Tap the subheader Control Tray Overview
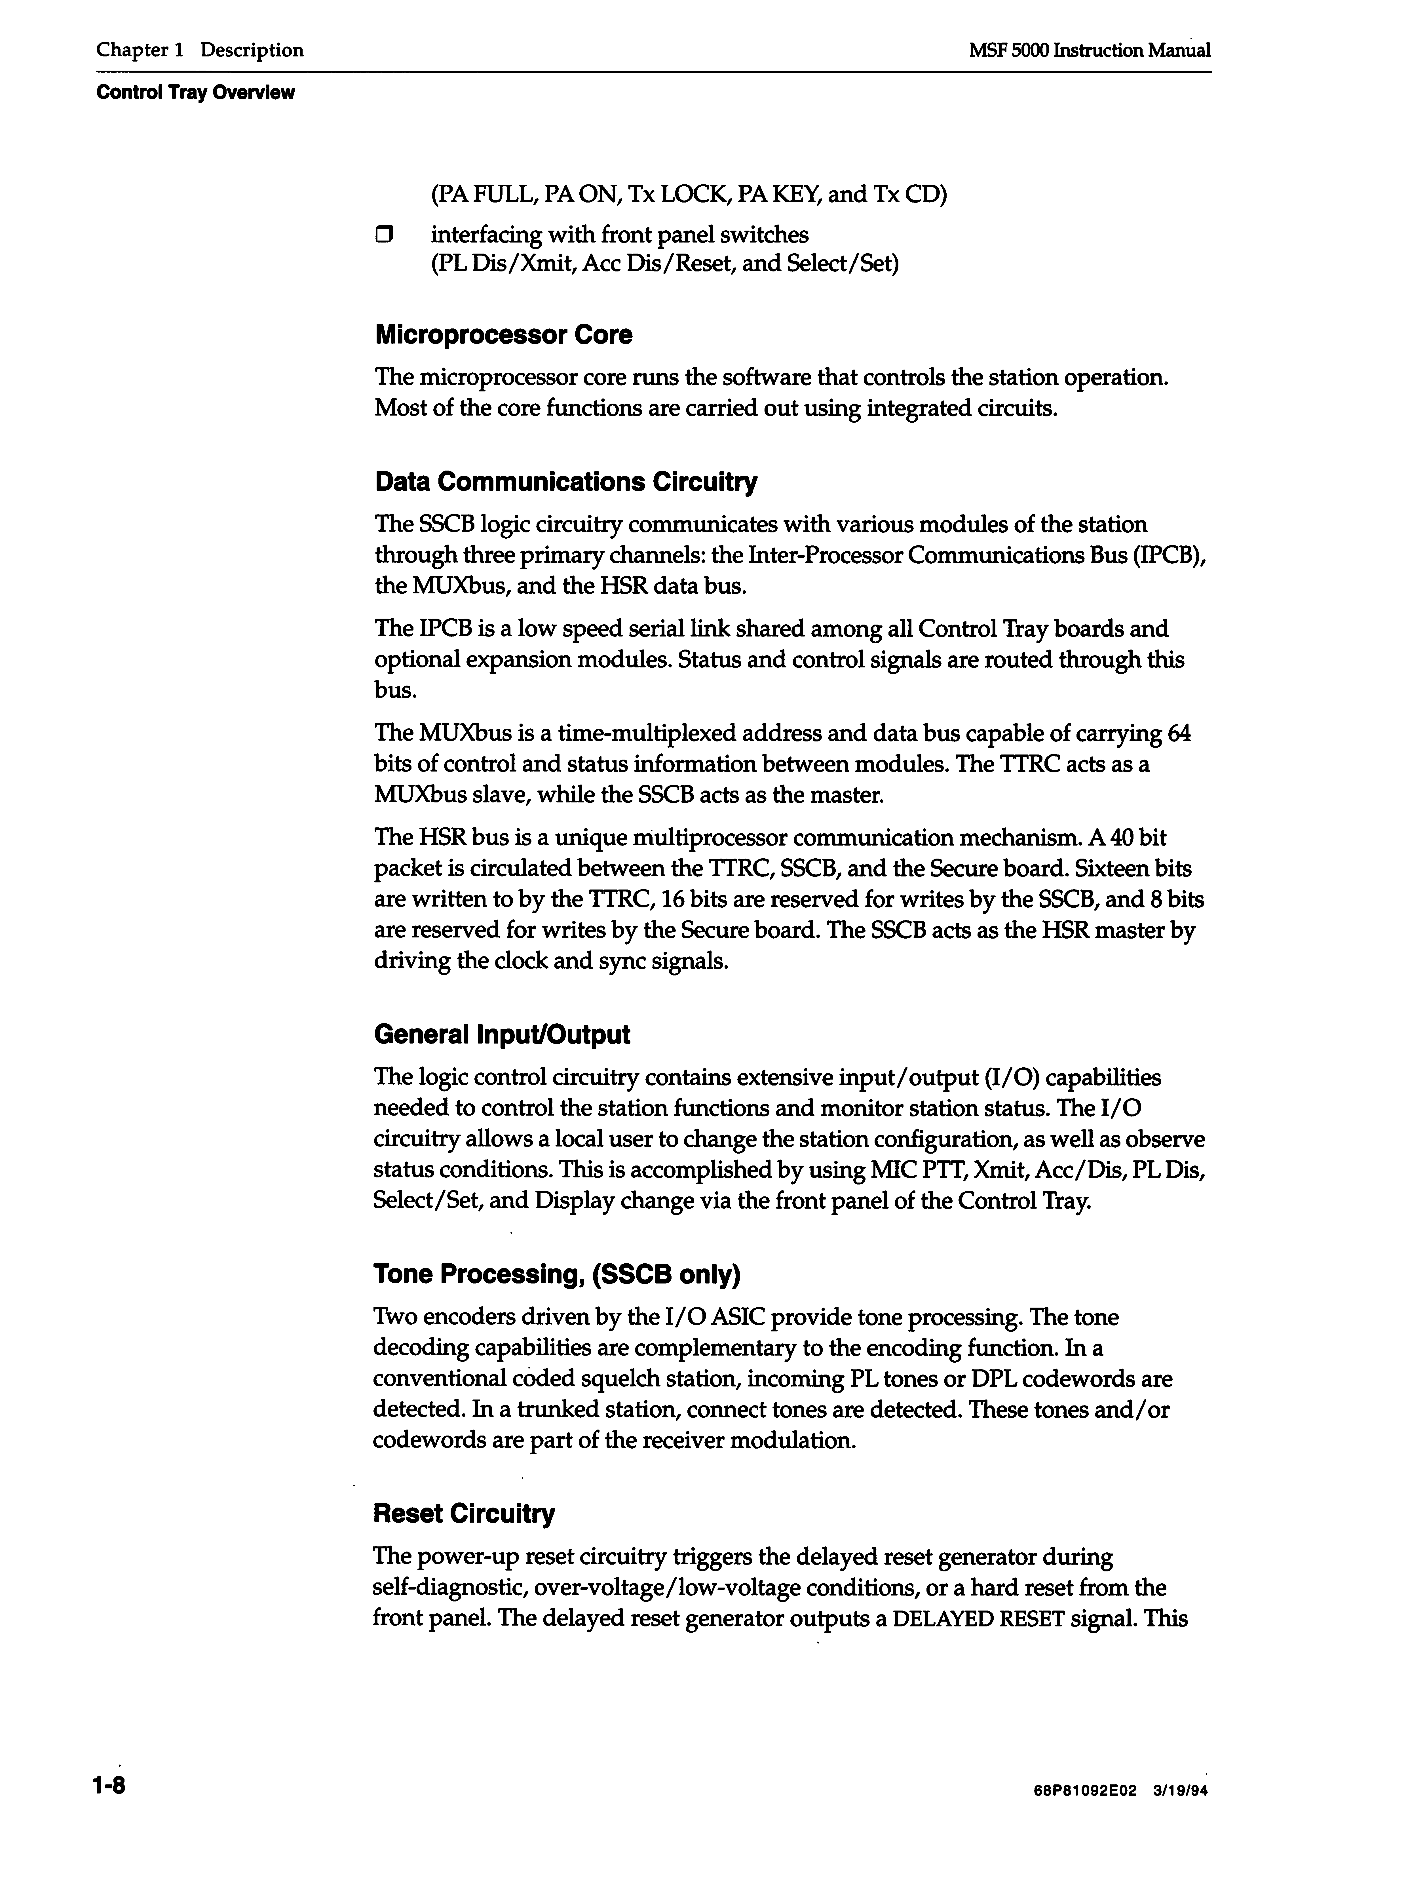click(195, 93)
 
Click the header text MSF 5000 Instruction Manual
click(1090, 50)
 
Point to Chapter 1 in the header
click(140, 50)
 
